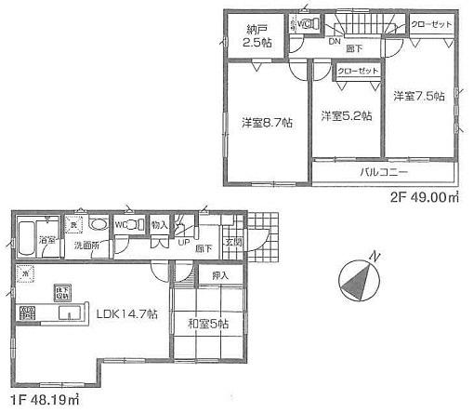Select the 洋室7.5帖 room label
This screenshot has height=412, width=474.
pyautogui.click(x=417, y=96)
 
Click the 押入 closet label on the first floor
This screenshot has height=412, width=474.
pyautogui.click(x=220, y=275)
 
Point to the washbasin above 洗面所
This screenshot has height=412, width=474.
pyautogui.click(x=98, y=224)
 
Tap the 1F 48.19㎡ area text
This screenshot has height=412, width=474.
pyautogui.click(x=42, y=403)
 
